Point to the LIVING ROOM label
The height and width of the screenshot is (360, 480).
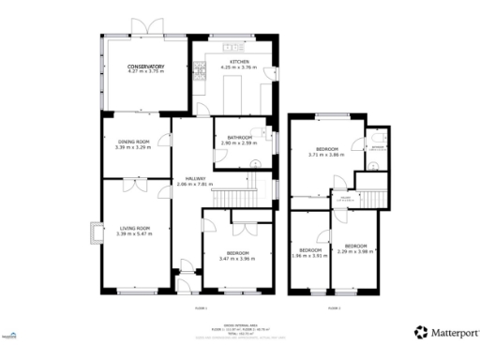[136, 228]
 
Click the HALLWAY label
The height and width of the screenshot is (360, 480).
[195, 178]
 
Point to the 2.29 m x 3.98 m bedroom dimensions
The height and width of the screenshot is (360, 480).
[356, 250]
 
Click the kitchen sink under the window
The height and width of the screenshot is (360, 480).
[231, 47]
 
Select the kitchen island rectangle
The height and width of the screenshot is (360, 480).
[232, 92]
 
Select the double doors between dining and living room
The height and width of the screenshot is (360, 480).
[137, 185]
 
